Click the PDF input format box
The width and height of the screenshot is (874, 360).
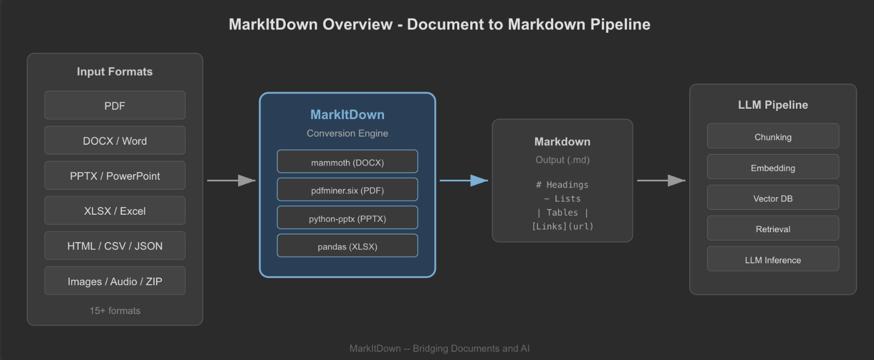coord(115,105)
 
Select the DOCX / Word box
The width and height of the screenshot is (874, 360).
coord(115,140)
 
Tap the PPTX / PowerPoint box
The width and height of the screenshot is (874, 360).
coord(115,175)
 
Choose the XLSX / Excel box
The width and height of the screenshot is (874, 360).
coord(115,210)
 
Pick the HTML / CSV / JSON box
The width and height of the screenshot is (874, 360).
coord(115,246)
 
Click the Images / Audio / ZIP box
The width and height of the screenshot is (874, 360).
coord(115,281)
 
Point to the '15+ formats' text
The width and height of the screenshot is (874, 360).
coord(115,310)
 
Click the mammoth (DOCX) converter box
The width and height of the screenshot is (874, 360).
coord(347,162)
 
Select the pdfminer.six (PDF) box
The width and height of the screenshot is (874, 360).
coord(347,190)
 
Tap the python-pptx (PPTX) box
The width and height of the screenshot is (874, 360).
coord(347,218)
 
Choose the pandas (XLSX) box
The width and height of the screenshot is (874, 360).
coord(347,246)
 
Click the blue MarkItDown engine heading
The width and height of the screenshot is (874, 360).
coord(347,115)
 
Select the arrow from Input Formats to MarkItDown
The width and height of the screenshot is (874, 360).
coord(231,180)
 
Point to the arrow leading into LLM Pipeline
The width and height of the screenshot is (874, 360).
coord(661,180)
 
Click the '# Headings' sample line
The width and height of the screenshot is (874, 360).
coord(562,185)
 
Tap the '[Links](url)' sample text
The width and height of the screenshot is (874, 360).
coord(562,226)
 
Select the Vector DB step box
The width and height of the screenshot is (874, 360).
coord(772,198)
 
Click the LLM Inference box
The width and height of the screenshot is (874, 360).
coord(772,259)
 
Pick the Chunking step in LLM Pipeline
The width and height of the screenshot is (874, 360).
coord(772,136)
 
